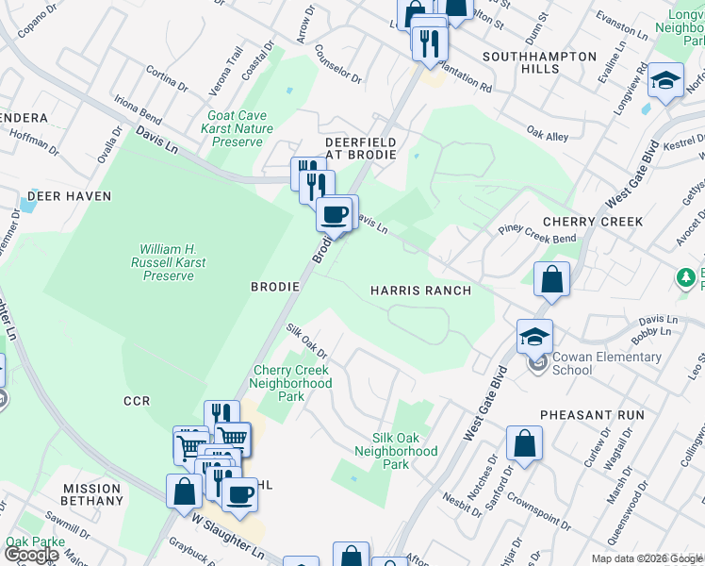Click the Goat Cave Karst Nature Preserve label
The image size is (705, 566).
[240, 129]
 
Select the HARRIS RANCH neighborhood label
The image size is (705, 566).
[420, 291]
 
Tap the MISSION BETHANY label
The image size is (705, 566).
[92, 494]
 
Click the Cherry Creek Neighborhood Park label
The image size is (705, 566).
[291, 384]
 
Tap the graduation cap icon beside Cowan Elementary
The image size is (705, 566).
[534, 337]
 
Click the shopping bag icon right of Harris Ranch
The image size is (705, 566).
[551, 280]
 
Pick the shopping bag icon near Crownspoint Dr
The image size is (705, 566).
[524, 443]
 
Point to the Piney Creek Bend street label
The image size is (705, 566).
[537, 232]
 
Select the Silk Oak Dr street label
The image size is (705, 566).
[306, 339]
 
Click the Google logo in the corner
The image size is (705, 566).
[31, 556]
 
